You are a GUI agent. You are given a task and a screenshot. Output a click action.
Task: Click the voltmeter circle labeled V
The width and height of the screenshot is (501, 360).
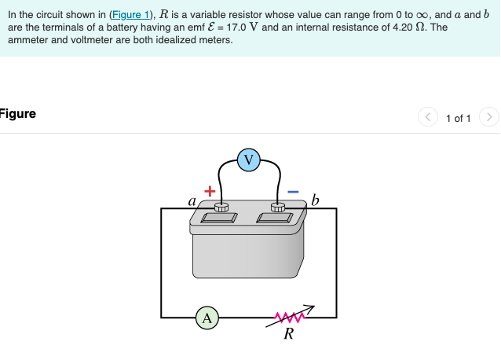(x=249, y=160)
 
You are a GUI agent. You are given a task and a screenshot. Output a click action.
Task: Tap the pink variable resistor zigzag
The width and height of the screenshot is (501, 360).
(x=288, y=317)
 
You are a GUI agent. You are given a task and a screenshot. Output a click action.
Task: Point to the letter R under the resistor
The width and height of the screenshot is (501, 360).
(x=288, y=335)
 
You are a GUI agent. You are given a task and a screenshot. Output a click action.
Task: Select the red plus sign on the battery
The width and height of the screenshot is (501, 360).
(x=210, y=191)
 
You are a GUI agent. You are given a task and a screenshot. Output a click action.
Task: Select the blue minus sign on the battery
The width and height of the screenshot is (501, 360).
(x=292, y=191)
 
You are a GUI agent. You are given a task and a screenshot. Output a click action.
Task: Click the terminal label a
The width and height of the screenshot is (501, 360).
(x=192, y=200)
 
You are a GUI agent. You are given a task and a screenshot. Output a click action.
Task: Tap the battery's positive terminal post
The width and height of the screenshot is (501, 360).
(x=221, y=208)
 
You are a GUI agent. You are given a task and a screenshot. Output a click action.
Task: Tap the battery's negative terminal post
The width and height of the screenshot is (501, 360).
(x=277, y=208)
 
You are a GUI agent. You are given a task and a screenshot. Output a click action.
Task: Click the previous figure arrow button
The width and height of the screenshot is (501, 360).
(x=428, y=118)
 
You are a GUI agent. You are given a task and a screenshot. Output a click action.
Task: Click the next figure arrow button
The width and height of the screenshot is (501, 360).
(x=488, y=118)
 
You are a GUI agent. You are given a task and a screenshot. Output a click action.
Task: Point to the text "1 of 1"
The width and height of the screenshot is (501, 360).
(x=458, y=119)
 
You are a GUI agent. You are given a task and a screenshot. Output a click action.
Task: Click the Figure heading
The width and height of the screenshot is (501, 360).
(x=17, y=114)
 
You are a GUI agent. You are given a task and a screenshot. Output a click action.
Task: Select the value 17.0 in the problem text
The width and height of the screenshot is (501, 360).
(x=237, y=27)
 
